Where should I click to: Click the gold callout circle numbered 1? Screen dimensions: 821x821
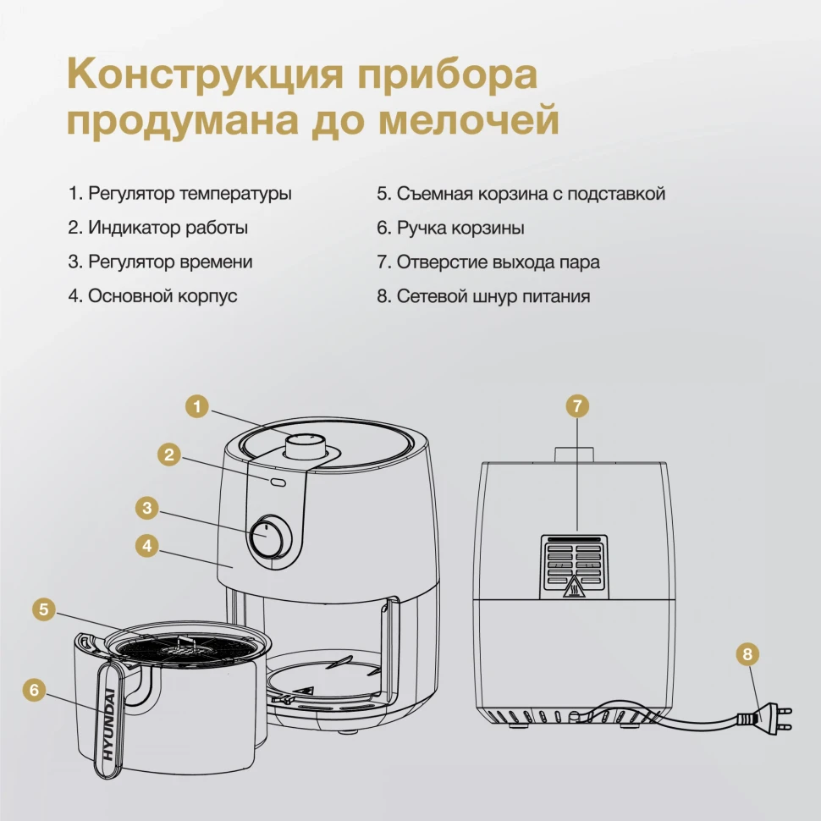[x=196, y=405]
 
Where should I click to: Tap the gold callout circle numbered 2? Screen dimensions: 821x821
[x=170, y=455]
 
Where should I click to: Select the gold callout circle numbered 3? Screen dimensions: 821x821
[x=147, y=508]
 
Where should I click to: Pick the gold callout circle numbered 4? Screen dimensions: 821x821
[x=147, y=546]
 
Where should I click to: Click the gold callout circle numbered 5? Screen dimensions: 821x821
[x=44, y=608]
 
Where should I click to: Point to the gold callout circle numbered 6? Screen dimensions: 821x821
[x=34, y=689]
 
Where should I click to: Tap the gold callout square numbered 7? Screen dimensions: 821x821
[x=577, y=405]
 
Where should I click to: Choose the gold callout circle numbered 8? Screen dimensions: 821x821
[x=747, y=653]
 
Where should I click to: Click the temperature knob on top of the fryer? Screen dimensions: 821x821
[x=303, y=444]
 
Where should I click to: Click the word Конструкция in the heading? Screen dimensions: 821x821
[x=204, y=74]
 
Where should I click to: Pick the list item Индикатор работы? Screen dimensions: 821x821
[x=158, y=228]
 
